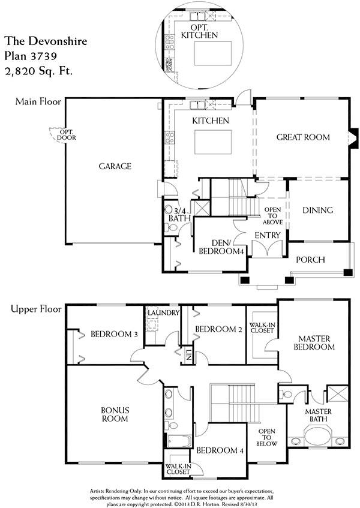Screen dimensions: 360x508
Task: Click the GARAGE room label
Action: [115, 166]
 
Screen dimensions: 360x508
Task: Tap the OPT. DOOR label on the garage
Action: [67, 135]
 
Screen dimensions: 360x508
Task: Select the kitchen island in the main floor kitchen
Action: [213, 142]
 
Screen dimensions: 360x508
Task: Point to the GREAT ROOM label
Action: [303, 137]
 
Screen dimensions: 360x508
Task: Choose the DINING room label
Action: [317, 210]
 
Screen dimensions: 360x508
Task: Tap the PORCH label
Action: [310, 260]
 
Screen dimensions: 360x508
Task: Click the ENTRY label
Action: [268, 235]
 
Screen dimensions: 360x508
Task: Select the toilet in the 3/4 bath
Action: [171, 228]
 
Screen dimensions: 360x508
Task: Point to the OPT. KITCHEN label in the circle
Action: [199, 31]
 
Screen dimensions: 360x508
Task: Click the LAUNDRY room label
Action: [163, 312]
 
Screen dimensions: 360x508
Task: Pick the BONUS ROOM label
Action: [115, 414]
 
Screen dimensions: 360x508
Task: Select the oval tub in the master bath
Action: [317, 436]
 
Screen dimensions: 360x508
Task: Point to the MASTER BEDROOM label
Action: [314, 343]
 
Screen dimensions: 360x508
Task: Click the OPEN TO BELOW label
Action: [266, 437]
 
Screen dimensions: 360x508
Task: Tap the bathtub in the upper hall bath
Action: [179, 441]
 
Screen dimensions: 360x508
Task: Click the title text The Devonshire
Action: [46, 41]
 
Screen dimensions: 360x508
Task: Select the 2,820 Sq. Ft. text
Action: [38, 71]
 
